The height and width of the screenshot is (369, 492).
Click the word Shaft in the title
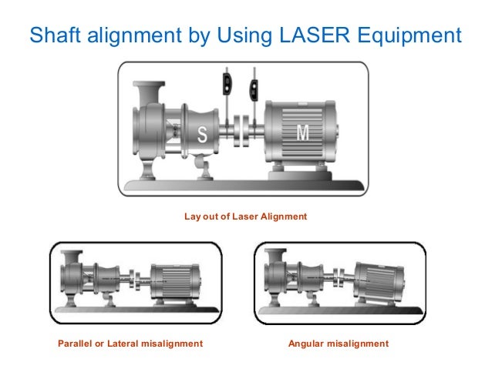tap(54, 35)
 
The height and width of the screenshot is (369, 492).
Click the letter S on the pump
tap(203, 135)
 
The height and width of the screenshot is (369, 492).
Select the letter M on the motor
tap(304, 134)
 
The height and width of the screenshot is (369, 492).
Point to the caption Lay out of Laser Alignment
tap(245, 217)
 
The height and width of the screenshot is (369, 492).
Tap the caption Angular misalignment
tap(338, 343)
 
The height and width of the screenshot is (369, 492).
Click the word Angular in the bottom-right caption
tap(306, 343)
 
